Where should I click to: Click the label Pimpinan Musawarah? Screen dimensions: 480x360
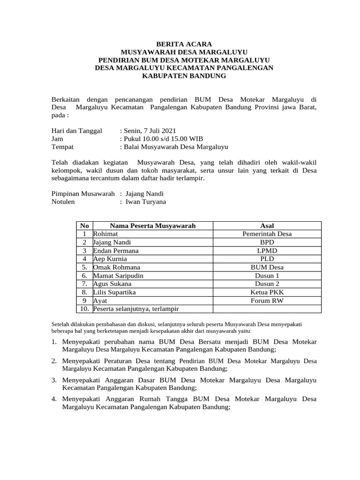coord(82,194)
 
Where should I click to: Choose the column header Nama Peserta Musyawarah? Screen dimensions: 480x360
coord(153,226)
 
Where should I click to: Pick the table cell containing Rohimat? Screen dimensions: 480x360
coord(105,234)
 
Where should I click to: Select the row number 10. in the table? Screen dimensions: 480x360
coord(84,308)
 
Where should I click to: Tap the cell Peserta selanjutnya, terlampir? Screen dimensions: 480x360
coord(136,308)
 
